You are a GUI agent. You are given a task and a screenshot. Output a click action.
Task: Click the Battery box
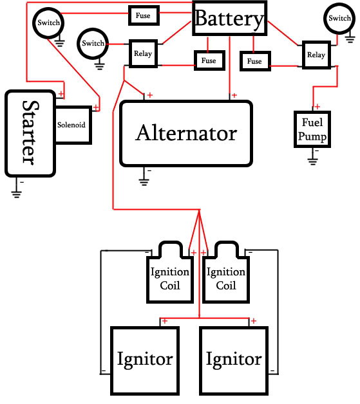(229, 18)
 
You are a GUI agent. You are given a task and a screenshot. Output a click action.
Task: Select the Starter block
(30, 133)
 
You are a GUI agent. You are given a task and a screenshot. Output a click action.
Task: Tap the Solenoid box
(73, 125)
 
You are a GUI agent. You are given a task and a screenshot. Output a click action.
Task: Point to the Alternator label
(186, 133)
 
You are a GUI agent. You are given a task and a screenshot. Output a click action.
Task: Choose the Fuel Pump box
(312, 129)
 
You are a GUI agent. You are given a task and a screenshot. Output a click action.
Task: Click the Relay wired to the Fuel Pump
(316, 55)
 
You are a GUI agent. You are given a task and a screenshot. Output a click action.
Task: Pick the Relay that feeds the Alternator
(143, 53)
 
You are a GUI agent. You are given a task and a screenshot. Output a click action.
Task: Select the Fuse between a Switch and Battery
(144, 15)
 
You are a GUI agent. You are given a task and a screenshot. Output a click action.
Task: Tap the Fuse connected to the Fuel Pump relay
(255, 61)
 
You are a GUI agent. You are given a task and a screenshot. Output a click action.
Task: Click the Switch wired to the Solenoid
(48, 23)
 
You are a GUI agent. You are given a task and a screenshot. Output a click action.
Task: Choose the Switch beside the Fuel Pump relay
(339, 19)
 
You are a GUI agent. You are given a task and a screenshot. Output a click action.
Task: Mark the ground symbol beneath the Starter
(17, 194)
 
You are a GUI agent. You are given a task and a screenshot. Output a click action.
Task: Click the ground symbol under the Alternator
(144, 182)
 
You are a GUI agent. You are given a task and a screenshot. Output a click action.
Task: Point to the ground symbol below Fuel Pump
(312, 161)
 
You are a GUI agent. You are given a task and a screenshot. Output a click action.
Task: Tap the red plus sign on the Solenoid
(96, 107)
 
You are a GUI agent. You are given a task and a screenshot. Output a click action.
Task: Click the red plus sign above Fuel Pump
(317, 106)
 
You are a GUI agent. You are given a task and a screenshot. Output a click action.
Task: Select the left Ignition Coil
(170, 272)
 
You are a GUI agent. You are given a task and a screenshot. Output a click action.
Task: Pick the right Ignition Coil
(226, 272)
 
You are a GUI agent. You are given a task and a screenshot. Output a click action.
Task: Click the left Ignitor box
(145, 361)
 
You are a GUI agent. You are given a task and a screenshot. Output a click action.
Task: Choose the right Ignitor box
(234, 361)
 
